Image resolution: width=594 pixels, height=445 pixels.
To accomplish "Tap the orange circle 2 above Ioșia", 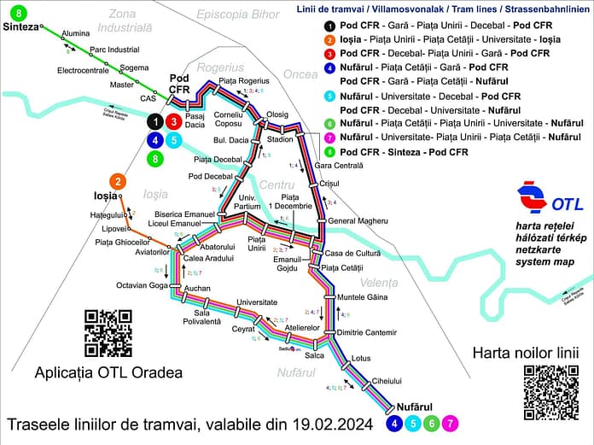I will (118, 181).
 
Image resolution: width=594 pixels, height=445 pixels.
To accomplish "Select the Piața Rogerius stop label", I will (238, 81).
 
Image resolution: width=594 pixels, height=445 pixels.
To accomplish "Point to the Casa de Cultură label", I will (350, 253).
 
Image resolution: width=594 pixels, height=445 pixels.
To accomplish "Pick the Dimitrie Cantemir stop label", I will (368, 331).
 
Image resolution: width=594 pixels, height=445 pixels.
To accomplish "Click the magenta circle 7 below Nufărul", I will (451, 422).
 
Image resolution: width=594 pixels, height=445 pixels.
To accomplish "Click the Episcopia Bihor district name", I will (237, 15).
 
